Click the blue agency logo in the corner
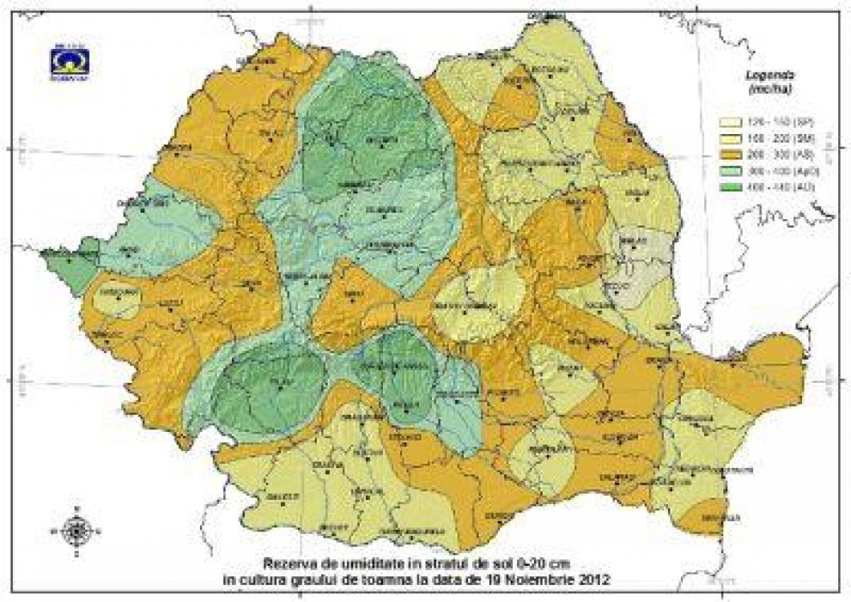69,62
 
